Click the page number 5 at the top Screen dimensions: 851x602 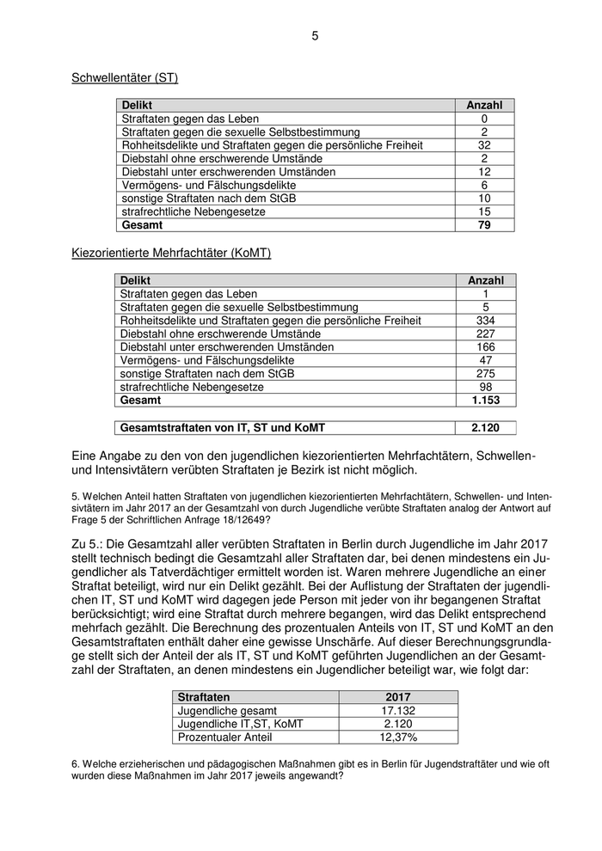314,35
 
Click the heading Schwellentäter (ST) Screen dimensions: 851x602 125,78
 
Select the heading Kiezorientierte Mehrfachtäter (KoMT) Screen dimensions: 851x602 171,253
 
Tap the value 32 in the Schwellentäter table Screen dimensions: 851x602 484,145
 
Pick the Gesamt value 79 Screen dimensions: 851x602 484,225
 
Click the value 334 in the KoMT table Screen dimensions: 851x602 486,321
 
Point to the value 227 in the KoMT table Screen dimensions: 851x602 486,334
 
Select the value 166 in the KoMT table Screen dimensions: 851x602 486,347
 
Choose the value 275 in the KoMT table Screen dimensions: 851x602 486,374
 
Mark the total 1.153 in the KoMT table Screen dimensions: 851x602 486,401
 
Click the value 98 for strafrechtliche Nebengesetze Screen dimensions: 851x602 486,387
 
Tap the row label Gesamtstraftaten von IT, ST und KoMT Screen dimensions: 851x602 223,427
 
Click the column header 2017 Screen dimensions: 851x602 398,697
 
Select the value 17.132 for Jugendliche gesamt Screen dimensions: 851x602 398,711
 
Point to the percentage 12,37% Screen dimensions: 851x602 398,738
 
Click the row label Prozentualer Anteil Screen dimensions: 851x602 224,738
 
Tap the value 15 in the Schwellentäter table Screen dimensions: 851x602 484,211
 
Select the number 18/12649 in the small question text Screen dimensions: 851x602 245,519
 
